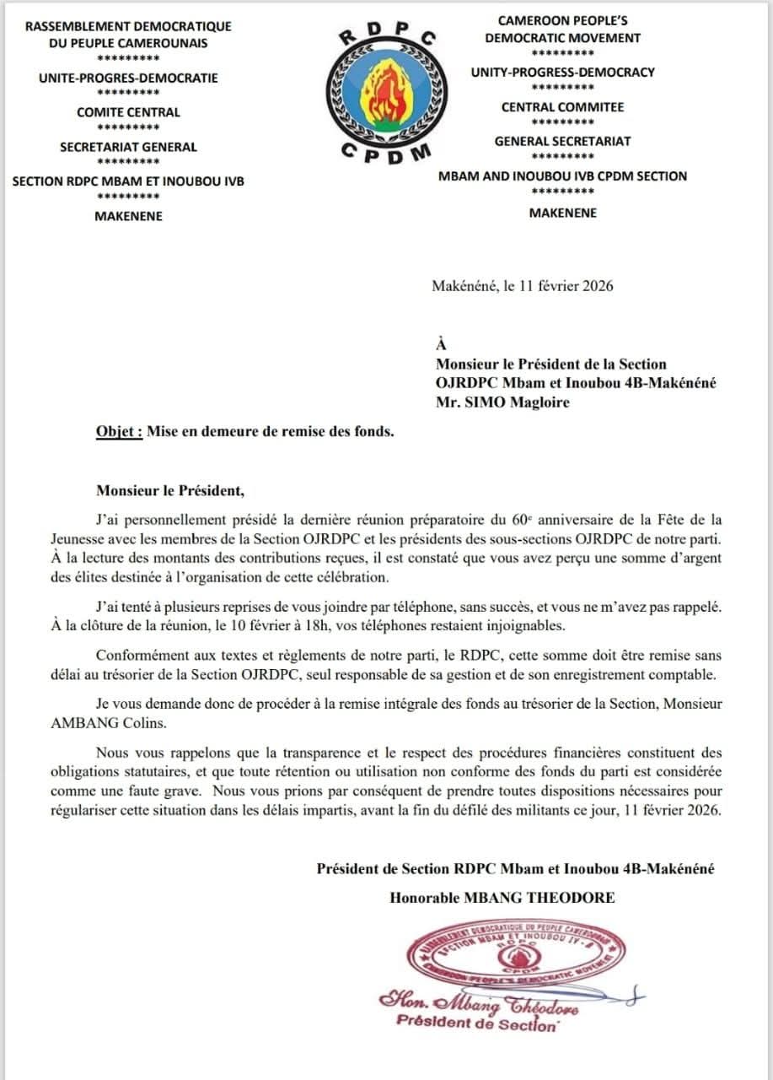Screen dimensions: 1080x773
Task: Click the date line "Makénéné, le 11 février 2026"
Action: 522,285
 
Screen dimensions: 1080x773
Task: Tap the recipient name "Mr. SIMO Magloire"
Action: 502,402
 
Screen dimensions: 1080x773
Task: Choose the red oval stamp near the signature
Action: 515,957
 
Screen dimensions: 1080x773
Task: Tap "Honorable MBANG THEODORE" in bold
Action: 502,898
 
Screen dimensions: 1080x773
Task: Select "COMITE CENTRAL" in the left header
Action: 128,112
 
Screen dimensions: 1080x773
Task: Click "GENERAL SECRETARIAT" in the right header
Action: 562,141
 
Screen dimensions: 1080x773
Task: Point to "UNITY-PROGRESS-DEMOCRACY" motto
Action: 562,72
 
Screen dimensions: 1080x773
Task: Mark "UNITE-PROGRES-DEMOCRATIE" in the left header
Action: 128,78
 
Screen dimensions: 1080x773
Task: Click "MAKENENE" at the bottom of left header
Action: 128,216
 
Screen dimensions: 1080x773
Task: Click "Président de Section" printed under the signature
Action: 477,1023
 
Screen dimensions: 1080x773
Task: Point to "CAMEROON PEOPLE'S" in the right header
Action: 562,20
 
